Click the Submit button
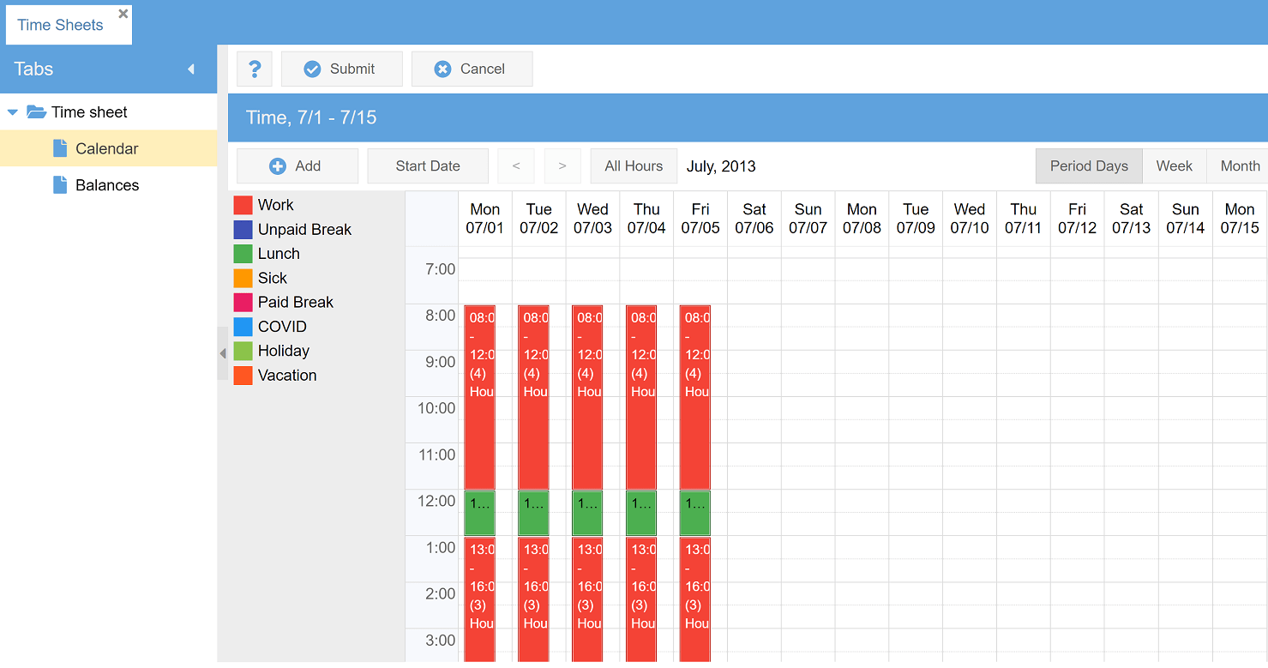341,69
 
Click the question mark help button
255,69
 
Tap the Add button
297,166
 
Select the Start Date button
428,166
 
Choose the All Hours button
634,166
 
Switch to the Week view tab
1174,166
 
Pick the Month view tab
1240,166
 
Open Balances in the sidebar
107,185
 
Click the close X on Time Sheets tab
123,14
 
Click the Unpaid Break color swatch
243,230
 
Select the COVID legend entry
282,327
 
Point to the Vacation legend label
287,376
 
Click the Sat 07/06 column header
754,219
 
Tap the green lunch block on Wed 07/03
587,513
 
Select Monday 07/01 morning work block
479,396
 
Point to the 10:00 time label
436,408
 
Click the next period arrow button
562,166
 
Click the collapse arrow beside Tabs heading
191,69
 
